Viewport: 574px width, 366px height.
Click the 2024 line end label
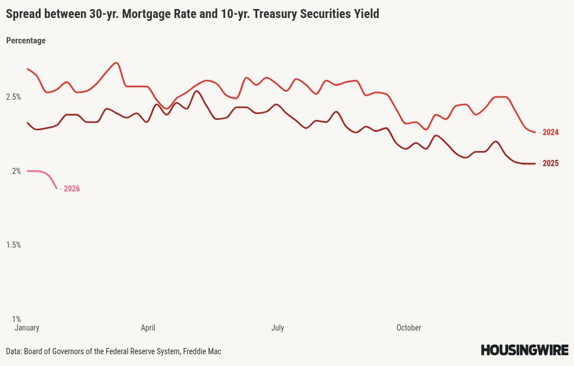(x=550, y=133)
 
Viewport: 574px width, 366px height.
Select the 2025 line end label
(x=550, y=164)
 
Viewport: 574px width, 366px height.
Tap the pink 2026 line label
(x=71, y=189)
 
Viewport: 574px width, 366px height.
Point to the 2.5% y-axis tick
(x=14, y=97)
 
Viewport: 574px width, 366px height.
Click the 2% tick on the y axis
(x=16, y=171)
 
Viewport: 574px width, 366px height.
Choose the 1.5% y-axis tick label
(x=14, y=245)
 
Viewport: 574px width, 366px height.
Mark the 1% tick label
(x=16, y=319)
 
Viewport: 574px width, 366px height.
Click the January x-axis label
(x=26, y=328)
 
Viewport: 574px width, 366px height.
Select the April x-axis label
(x=148, y=328)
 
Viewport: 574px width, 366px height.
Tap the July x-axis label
(x=277, y=328)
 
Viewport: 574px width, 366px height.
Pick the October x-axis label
(x=409, y=328)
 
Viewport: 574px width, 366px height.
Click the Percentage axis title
(x=26, y=41)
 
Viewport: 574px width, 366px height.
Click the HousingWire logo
(x=524, y=350)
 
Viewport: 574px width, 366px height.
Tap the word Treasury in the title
(x=277, y=14)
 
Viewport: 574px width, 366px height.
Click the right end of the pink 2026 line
(x=57, y=188)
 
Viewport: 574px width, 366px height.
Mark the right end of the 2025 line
(x=535, y=164)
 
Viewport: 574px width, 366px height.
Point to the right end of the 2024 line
(x=535, y=132)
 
